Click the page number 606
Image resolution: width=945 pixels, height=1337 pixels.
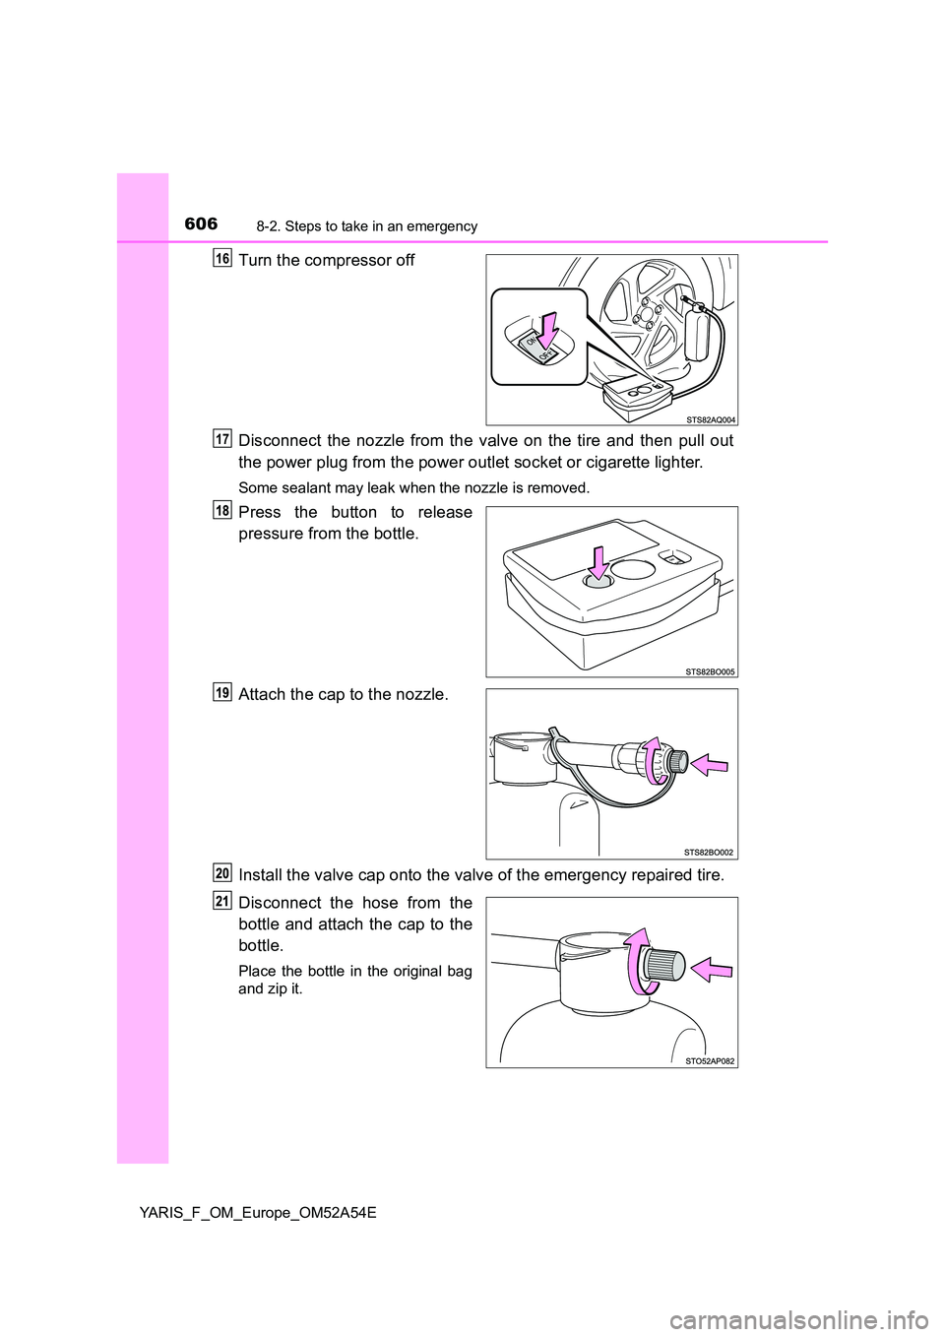point(201,224)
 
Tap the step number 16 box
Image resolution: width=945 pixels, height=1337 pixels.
point(222,258)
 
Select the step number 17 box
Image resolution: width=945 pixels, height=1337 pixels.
point(222,437)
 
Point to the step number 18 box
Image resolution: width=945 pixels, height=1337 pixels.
point(222,509)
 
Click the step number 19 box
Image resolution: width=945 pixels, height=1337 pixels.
point(222,692)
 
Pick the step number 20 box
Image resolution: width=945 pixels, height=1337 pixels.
point(222,873)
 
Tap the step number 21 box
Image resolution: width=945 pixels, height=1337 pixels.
point(222,900)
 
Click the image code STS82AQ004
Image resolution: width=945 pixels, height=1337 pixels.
point(710,419)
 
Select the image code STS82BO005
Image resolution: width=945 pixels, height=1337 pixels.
point(710,671)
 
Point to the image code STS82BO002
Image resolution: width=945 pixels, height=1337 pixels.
point(710,853)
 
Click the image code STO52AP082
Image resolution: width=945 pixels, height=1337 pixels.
point(710,1061)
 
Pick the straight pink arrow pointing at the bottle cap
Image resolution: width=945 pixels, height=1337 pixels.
point(712,971)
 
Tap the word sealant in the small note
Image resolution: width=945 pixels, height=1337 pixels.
point(304,487)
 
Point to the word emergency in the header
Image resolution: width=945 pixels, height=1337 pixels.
point(446,226)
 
